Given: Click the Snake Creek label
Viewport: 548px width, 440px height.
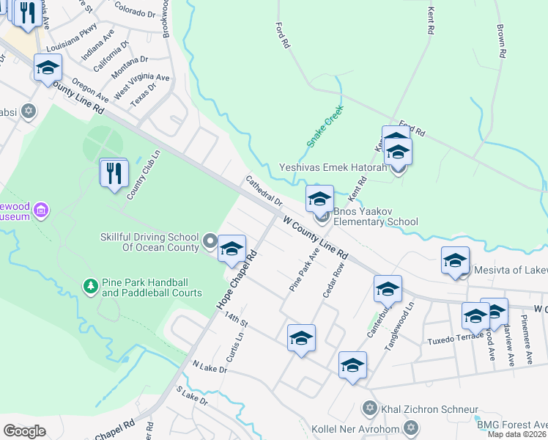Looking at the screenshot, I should coord(325,125).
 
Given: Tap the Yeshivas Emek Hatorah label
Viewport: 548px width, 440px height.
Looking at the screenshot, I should coord(333,168).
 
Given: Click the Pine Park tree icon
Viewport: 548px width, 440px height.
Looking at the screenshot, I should coord(89,285).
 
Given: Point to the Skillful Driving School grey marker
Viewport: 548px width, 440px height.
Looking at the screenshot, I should coord(210,241).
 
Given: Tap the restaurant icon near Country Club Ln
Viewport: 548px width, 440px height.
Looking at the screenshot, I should coord(114,173).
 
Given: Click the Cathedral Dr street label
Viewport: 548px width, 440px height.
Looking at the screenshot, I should coord(263,190).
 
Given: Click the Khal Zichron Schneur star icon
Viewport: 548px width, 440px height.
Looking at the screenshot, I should coord(370,408).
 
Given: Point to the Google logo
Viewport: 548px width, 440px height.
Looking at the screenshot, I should coord(24,431).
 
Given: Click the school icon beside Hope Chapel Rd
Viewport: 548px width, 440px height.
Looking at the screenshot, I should coord(232,249).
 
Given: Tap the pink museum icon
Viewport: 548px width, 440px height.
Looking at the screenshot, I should coord(40,211).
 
